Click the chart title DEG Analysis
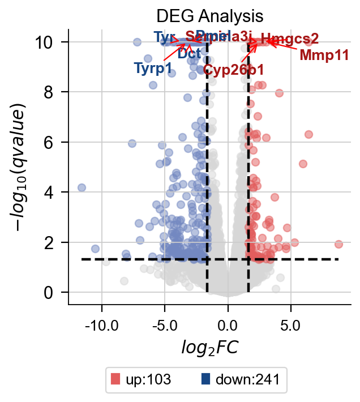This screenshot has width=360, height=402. [x=209, y=15]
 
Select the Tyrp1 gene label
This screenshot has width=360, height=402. [x=153, y=69]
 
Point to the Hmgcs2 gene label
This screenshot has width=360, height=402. [x=290, y=39]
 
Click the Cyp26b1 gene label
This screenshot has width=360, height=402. [x=233, y=70]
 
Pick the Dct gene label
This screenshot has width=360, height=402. [x=188, y=54]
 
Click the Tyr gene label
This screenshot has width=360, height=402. [x=165, y=37]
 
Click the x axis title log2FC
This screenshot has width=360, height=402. [x=210, y=347]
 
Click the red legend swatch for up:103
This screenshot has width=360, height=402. [x=116, y=379]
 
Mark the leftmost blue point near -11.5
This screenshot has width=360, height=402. [x=82, y=187]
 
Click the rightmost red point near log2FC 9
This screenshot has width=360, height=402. [x=338, y=244]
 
